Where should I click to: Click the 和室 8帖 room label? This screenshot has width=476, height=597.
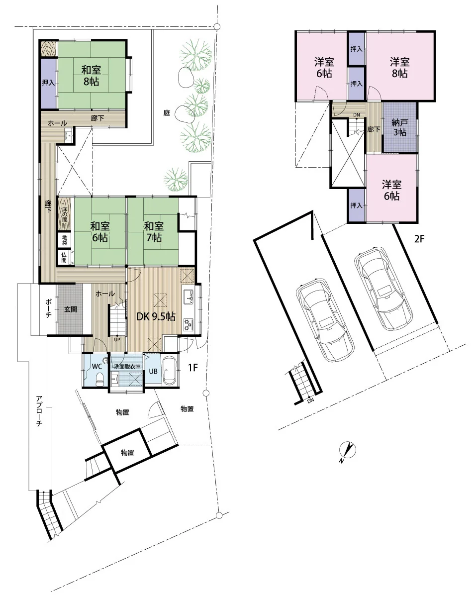(x=91, y=76)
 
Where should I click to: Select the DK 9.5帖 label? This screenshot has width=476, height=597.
(x=156, y=316)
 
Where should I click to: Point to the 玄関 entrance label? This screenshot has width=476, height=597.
(x=71, y=309)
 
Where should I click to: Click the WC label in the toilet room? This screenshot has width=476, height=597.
(x=97, y=367)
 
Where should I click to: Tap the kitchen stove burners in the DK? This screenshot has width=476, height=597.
(x=189, y=324)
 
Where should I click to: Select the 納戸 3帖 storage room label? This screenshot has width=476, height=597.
(x=400, y=127)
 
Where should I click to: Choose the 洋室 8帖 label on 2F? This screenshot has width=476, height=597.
(x=399, y=68)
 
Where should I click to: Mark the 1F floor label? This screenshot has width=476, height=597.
(x=193, y=368)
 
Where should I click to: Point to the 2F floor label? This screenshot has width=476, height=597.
(x=419, y=239)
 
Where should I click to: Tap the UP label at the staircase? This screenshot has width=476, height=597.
(x=117, y=339)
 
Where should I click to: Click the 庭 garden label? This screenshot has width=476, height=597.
(x=167, y=113)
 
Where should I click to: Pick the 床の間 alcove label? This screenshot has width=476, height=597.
(x=64, y=214)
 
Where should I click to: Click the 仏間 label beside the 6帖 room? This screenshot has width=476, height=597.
(x=64, y=257)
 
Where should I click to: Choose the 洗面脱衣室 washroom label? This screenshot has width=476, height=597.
(x=127, y=367)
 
